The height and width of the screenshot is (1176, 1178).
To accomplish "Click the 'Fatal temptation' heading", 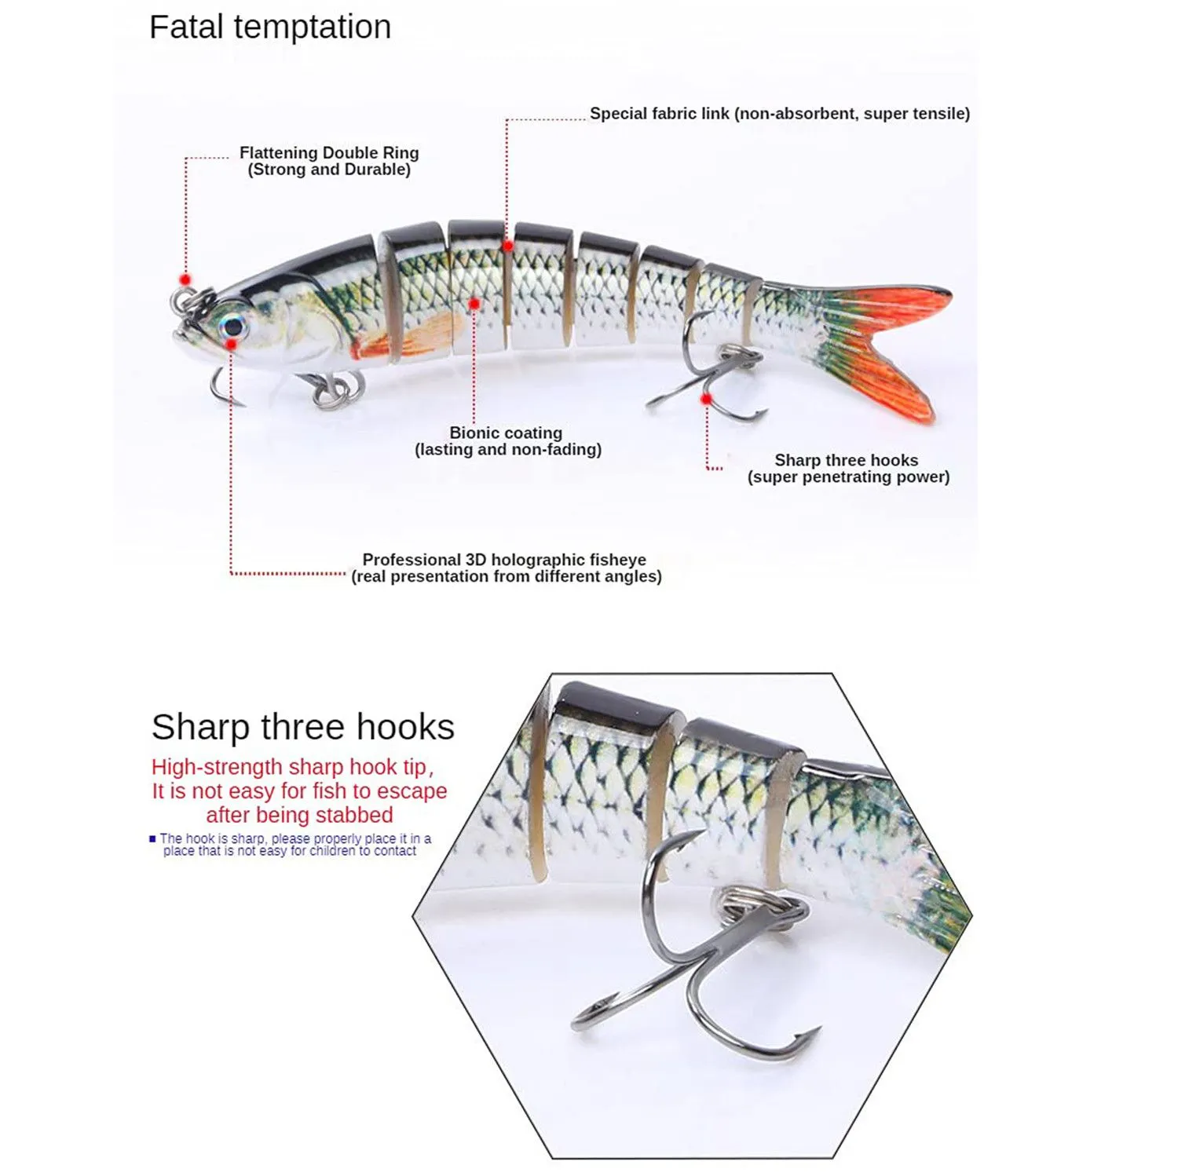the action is pyautogui.click(x=270, y=27).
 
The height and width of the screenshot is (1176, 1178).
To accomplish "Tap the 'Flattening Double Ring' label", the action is pyautogui.click(x=329, y=152).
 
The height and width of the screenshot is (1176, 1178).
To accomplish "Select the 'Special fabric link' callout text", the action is pyautogui.click(x=660, y=113).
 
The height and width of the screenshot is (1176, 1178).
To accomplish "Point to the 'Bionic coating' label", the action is pyautogui.click(x=506, y=433).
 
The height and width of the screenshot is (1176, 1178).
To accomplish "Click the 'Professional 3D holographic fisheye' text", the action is pyautogui.click(x=504, y=560).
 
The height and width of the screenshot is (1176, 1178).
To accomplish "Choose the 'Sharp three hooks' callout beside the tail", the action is pyautogui.click(x=847, y=460).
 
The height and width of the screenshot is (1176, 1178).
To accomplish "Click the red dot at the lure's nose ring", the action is pyautogui.click(x=185, y=279).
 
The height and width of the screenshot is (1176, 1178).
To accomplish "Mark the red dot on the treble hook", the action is pyautogui.click(x=706, y=399).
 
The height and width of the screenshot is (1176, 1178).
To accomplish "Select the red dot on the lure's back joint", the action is pyautogui.click(x=508, y=246).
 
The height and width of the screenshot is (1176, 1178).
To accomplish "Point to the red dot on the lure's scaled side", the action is pyautogui.click(x=474, y=303).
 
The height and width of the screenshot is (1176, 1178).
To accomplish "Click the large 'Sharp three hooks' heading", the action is pyautogui.click(x=303, y=727).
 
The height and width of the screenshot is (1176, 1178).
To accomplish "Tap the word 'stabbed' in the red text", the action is pyautogui.click(x=356, y=815).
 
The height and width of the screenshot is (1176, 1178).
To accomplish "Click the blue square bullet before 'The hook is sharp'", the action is pyautogui.click(x=152, y=838).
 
